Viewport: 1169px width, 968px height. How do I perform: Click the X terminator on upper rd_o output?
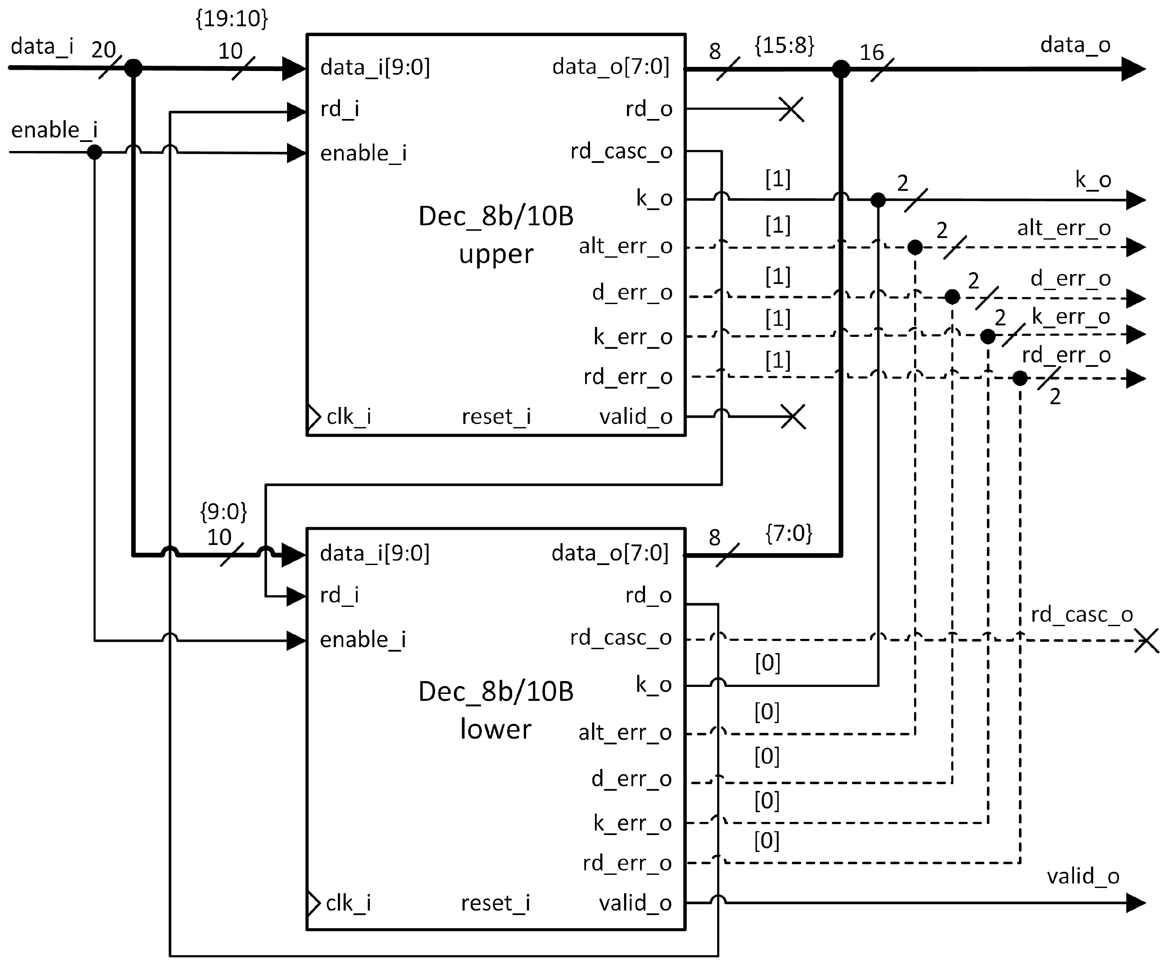point(791,109)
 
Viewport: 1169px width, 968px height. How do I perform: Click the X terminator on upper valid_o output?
point(793,416)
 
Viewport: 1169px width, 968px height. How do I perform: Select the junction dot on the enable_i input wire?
point(95,151)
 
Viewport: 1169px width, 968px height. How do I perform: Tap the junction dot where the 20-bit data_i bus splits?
point(133,68)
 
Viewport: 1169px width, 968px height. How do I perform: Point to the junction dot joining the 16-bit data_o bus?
point(841,69)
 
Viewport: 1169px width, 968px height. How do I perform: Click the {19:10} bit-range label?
point(232,19)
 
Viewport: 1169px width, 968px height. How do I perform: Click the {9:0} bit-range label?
point(223,511)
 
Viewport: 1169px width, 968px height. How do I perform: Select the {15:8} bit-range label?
point(784,46)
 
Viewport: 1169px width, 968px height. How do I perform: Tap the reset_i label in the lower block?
point(495,903)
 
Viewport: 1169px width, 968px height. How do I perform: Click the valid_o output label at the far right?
point(1083,876)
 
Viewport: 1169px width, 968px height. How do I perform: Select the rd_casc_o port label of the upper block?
point(621,151)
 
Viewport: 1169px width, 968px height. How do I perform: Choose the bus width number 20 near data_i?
point(104,50)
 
